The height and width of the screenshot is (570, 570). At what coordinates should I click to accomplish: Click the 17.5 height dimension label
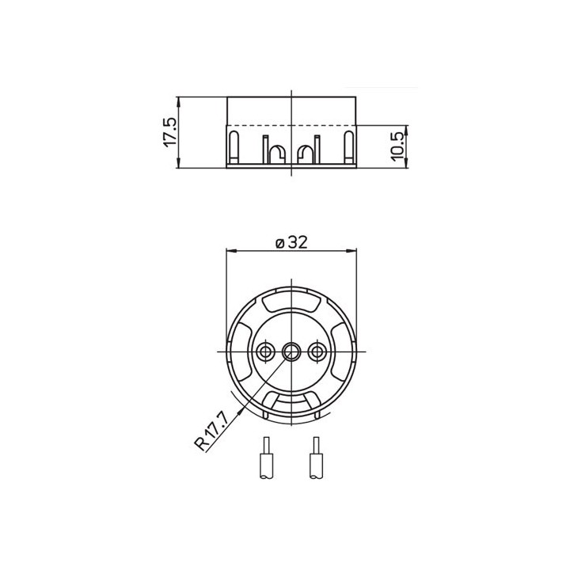[169, 133]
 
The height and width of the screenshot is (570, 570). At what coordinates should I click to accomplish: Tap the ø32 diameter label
[291, 243]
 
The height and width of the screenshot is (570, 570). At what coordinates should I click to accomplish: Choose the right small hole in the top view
[318, 351]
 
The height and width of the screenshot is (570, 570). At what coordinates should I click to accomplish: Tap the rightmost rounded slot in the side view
[348, 148]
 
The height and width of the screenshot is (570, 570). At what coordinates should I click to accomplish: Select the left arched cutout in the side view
[275, 153]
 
